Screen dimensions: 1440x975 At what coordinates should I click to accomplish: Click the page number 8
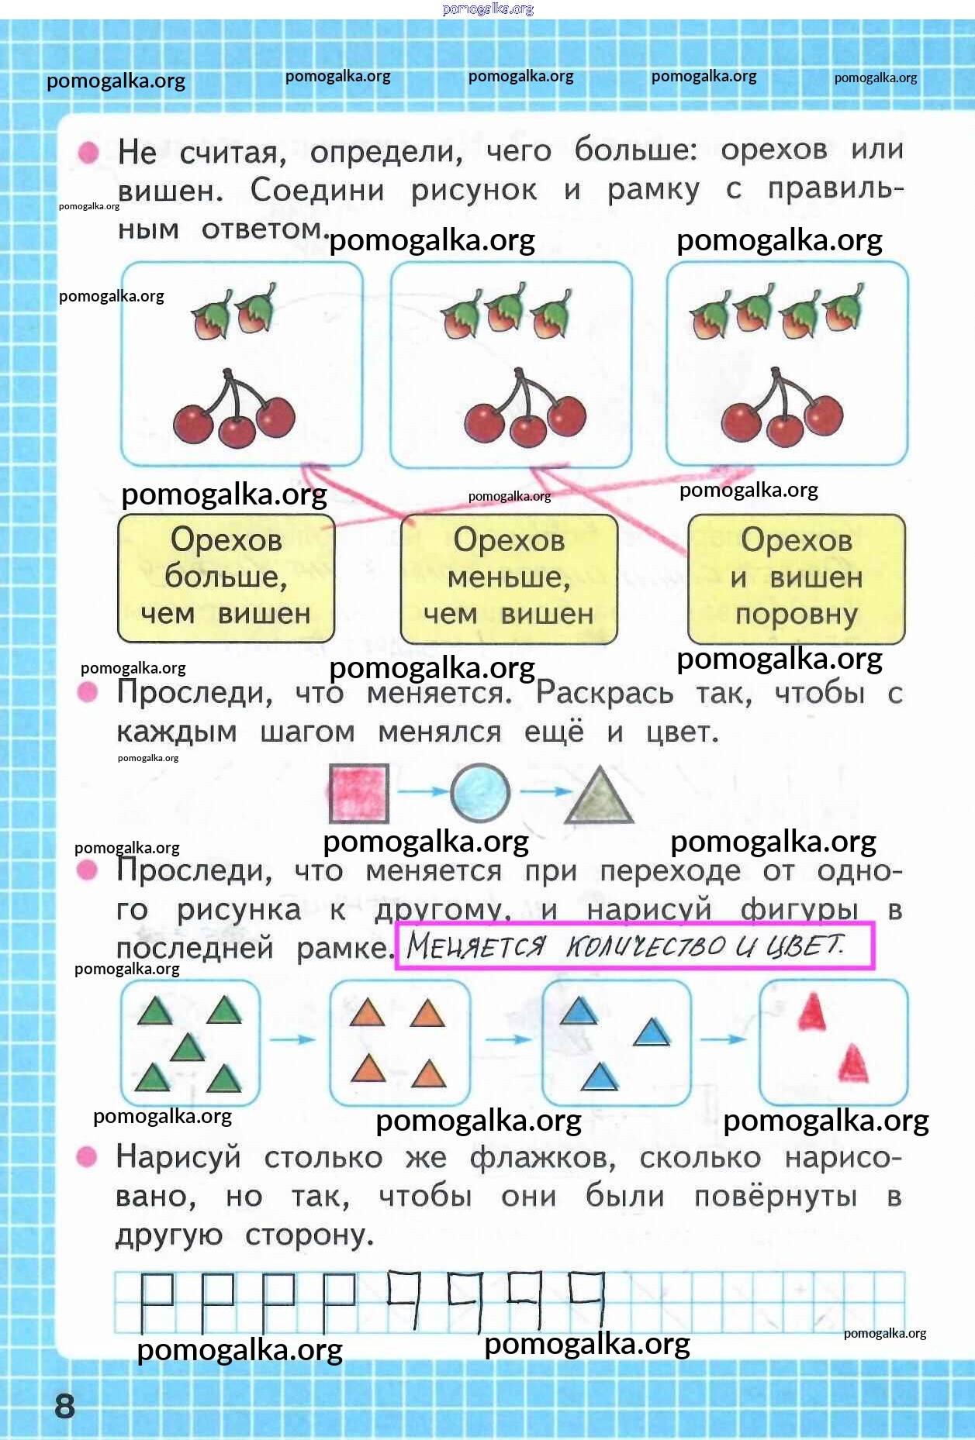click(64, 1405)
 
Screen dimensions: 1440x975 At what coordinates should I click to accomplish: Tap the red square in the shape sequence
click(358, 794)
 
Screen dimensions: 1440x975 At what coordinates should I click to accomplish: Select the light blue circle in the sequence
click(480, 792)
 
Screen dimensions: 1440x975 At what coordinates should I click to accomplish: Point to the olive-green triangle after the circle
click(599, 797)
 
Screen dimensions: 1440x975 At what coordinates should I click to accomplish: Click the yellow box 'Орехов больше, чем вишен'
click(226, 578)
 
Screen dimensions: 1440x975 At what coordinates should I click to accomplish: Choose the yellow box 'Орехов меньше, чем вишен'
click(509, 578)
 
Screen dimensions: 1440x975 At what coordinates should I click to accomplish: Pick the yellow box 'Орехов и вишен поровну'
click(797, 578)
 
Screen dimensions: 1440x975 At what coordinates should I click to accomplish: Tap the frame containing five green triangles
click(190, 1042)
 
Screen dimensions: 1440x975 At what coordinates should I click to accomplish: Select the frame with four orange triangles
click(399, 1042)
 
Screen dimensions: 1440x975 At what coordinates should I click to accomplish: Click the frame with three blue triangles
click(616, 1042)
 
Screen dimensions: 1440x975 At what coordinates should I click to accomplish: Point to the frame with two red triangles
click(833, 1042)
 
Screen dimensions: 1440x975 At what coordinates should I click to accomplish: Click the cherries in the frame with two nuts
click(233, 412)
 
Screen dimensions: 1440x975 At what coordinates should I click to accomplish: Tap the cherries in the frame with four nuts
click(782, 412)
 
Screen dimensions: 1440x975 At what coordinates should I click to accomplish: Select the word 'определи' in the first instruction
click(386, 152)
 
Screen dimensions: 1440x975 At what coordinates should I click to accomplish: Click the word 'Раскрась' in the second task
click(604, 692)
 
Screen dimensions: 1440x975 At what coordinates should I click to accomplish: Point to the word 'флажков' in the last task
click(542, 1158)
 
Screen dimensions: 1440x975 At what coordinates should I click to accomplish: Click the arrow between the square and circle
click(421, 791)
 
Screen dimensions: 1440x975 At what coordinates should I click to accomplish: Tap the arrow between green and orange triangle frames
click(294, 1039)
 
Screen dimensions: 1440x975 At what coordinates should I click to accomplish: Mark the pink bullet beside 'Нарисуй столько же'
click(87, 1157)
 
